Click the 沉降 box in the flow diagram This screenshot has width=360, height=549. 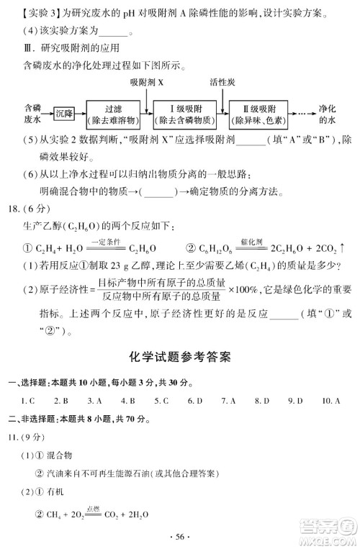point(66,113)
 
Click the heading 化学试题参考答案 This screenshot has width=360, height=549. point(180,355)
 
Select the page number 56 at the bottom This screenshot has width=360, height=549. point(180,536)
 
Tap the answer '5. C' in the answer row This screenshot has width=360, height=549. point(161,400)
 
